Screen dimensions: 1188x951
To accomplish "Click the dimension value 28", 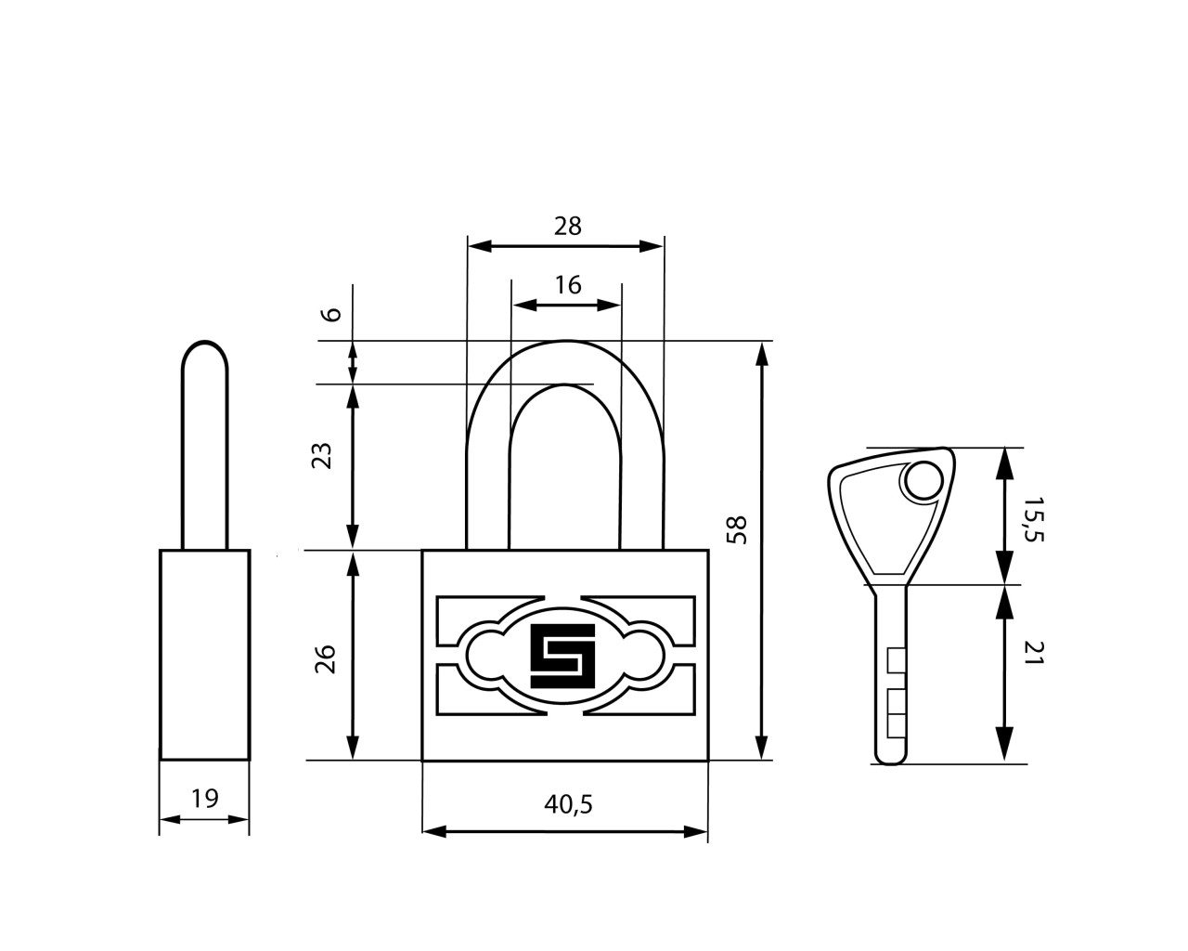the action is pos(567,226).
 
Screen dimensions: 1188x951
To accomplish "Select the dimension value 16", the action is pos(568,285).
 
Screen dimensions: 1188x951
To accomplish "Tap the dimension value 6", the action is pos(331,315).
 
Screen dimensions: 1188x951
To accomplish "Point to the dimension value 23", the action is pos(322,456).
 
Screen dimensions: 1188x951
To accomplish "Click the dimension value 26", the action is pos(325,658).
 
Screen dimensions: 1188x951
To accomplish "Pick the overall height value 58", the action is pos(736,530).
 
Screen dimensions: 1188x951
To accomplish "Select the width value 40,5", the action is pos(568,805).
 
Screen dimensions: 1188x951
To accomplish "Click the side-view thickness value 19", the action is pos(205,799).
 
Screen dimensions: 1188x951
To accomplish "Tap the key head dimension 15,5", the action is pos(1034,519).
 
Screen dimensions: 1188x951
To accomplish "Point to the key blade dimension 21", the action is pos(1034,653).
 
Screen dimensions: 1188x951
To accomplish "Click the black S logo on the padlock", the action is pos(562,656).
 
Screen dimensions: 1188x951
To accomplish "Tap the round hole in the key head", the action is pos(924,481).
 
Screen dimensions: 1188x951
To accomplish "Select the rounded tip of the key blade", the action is pos(890,758).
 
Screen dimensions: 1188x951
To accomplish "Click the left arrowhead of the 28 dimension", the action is pos(479,246).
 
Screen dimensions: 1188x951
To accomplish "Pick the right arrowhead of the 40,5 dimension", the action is pos(695,831).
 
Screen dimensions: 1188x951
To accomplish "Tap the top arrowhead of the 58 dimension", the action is pos(762,354).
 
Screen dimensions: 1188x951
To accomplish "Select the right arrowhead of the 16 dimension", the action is pos(610,305).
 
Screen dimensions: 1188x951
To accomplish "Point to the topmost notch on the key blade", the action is pos(896,659).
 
